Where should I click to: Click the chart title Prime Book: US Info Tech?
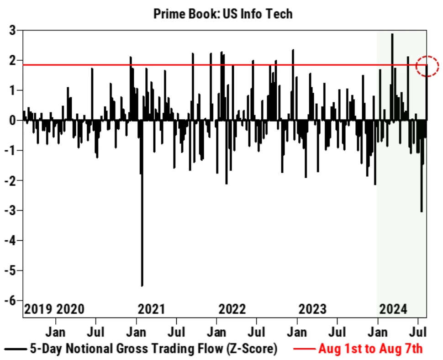223,14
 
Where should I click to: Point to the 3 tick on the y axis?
13,31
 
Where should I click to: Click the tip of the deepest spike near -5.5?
142,286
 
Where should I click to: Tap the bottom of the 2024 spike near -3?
421,212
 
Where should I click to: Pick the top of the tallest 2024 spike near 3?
392,34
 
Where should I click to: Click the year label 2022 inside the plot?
232,309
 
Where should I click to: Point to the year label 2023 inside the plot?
312,309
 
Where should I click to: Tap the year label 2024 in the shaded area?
393,309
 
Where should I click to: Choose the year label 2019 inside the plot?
38,309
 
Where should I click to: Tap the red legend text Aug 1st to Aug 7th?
370,349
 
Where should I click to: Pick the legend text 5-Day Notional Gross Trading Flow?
153,349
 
